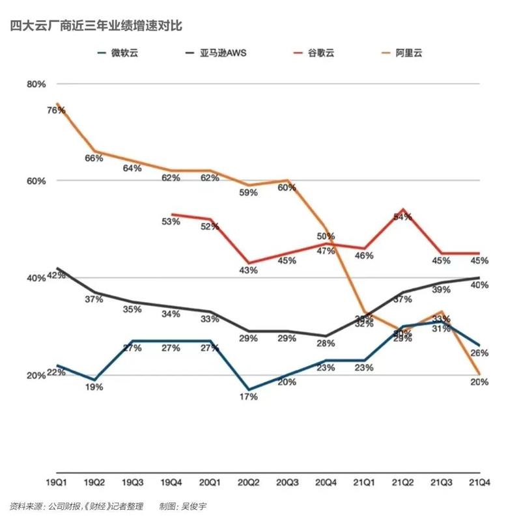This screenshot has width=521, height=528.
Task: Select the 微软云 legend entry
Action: pos(124,53)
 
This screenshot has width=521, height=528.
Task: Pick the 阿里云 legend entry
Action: pos(410,53)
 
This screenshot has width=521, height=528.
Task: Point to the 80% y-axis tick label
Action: pos(36,83)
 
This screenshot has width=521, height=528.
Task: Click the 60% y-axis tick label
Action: pos(36,180)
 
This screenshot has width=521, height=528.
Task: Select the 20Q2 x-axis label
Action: pos(247,482)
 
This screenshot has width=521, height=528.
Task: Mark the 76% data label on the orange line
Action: pos(56,110)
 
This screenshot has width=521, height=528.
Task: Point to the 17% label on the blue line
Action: pos(248,397)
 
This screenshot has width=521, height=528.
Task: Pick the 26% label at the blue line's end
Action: pos(479,353)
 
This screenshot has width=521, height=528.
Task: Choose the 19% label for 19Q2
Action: pos(94,387)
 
